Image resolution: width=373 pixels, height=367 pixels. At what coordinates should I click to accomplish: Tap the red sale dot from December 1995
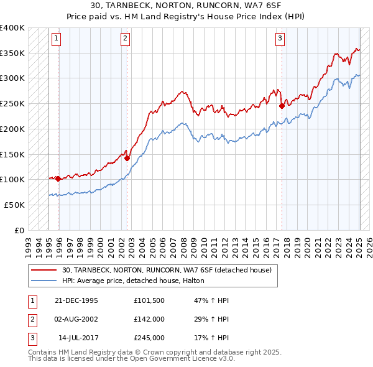58,179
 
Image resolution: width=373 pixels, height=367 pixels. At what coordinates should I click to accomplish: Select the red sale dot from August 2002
127,158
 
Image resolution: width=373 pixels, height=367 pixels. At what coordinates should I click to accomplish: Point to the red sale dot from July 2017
282,106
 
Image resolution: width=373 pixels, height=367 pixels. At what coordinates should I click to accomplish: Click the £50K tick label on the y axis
15,205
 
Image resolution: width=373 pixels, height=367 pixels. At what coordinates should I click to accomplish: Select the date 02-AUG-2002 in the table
76,319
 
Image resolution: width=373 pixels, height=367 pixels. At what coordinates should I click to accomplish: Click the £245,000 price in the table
149,338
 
